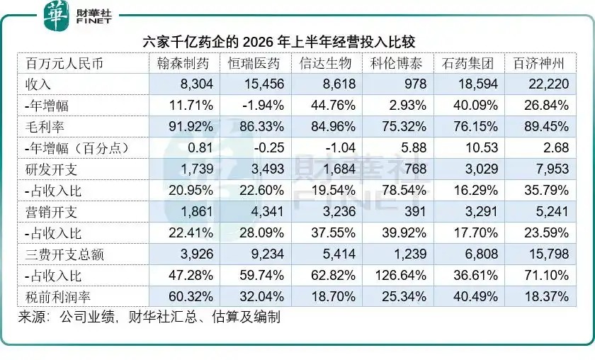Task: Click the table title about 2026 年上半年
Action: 279,42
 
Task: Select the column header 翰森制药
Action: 183,63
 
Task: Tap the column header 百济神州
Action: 539,63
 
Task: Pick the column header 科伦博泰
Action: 396,63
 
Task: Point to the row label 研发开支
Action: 51,169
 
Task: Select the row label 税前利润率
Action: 57,297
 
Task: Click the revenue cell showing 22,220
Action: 549,84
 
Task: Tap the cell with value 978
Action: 416,84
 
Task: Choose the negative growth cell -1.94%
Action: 263,105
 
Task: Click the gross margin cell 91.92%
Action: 191,126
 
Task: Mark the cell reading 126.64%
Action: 401,276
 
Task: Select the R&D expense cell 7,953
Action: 552,169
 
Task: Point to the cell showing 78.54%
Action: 404,190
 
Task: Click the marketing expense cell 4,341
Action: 268,211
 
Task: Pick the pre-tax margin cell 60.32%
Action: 191,297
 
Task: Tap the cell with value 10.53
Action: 482,147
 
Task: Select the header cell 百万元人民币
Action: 64,63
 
